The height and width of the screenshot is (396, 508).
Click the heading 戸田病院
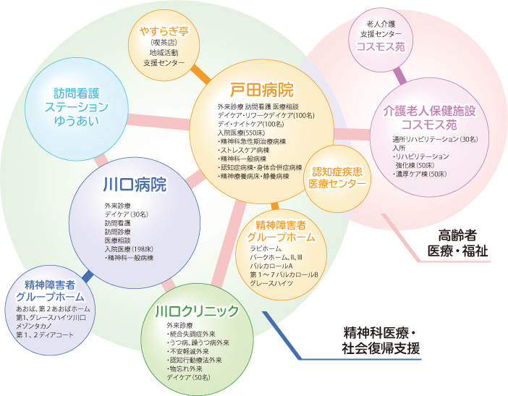[x=261, y=90]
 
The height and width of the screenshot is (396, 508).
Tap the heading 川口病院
[x=135, y=185]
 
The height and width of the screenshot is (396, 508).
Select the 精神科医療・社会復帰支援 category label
[x=381, y=340]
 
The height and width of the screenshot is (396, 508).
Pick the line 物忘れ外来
[x=187, y=369]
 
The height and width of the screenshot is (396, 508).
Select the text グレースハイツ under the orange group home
[x=271, y=282]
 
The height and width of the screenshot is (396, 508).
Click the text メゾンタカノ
[x=33, y=327]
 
